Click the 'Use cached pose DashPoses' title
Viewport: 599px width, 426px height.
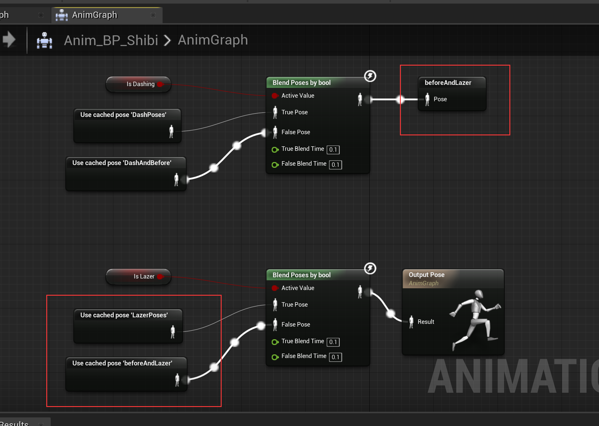click(123, 115)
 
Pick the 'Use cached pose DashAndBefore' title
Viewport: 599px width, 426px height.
click(122, 163)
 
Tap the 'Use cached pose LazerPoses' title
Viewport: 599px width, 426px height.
click(124, 315)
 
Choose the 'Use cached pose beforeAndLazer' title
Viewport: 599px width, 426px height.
click(122, 363)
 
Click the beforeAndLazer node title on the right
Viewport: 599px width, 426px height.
click(448, 83)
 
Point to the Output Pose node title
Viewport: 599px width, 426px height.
click(426, 275)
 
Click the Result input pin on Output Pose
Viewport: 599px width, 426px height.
click(411, 322)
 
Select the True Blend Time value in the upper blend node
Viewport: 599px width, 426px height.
click(333, 150)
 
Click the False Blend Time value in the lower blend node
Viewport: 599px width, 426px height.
click(335, 357)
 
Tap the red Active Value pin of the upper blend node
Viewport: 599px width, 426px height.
click(275, 96)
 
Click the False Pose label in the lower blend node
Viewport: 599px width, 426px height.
click(295, 324)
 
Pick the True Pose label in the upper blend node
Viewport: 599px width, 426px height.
click(294, 112)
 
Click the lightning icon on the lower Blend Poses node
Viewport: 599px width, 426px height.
click(370, 268)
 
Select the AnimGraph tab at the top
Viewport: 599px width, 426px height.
click(95, 15)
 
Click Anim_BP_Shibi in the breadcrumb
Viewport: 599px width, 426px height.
click(111, 40)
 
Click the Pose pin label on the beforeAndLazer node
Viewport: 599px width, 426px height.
click(440, 99)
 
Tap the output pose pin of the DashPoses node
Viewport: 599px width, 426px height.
click(171, 131)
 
